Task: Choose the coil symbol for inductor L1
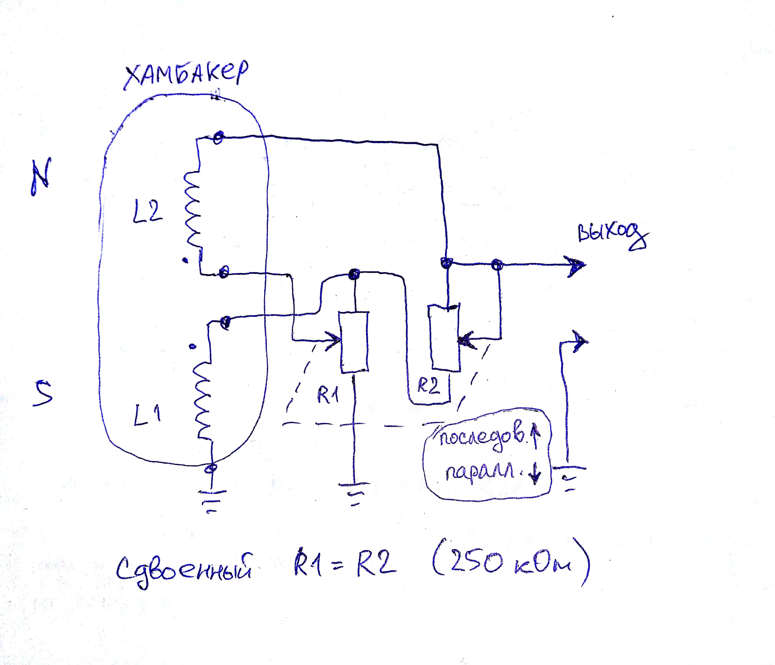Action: tap(202, 400)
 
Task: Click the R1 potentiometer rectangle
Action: tap(354, 342)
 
